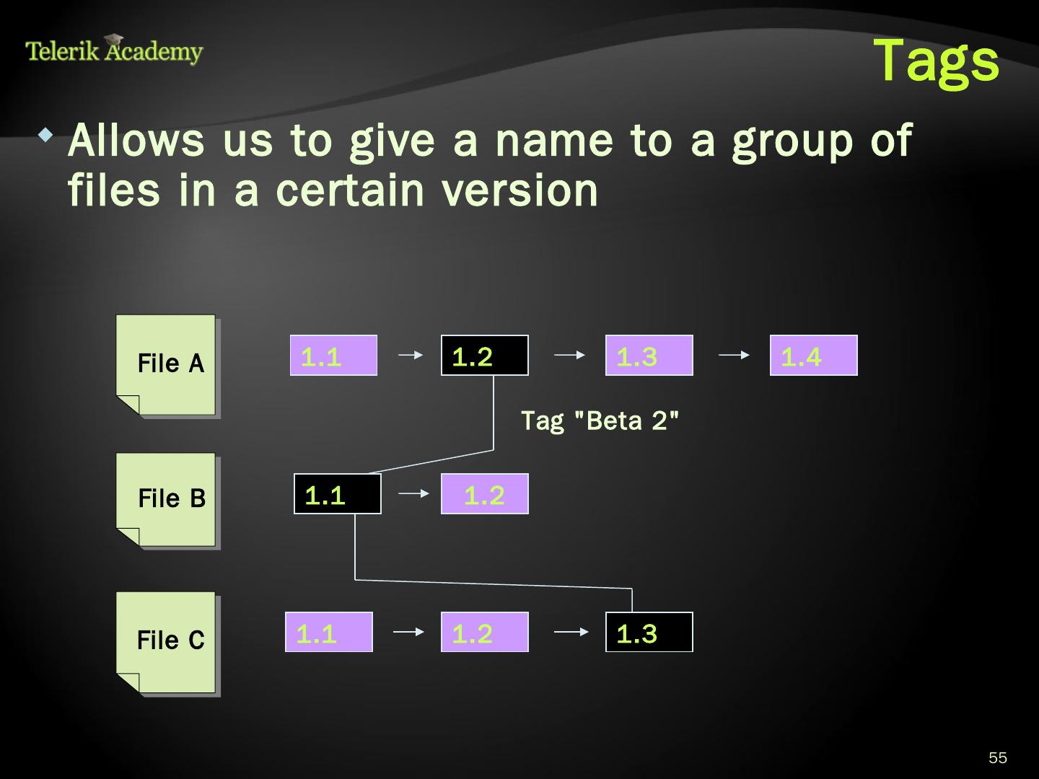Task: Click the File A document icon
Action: [167, 365]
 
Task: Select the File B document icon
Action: [167, 500]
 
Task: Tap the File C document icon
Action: [167, 642]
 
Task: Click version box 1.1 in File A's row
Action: [333, 356]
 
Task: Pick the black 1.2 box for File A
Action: [485, 356]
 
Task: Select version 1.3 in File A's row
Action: [649, 356]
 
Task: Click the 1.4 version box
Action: [813, 356]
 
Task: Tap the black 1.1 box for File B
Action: [338, 494]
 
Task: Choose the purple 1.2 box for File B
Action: [485, 494]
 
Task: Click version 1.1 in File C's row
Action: [329, 633]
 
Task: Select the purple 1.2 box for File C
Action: [485, 633]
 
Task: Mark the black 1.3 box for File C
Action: [649, 633]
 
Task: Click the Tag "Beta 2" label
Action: [600, 421]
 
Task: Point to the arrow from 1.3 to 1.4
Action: [734, 355]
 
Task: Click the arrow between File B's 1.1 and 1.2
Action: [413, 493]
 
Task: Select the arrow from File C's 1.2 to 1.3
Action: [571, 632]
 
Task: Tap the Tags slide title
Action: [936, 61]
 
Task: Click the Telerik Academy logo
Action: [115, 50]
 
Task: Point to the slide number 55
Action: [997, 757]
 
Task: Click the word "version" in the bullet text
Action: [519, 190]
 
